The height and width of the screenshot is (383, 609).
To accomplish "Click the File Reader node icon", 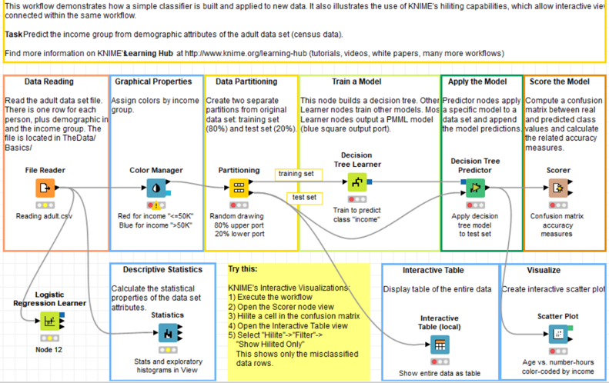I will click(x=45, y=188).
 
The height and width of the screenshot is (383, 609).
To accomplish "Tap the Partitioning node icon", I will click(x=238, y=188).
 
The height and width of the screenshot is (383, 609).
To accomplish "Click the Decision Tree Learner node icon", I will click(x=356, y=182).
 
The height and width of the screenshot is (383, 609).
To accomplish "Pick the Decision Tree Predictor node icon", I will click(x=476, y=188).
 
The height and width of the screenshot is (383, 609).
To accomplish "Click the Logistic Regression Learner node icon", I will click(x=49, y=320).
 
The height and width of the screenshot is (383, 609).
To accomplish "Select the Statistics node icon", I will click(x=167, y=333).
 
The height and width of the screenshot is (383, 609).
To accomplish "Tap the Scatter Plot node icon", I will click(x=557, y=335).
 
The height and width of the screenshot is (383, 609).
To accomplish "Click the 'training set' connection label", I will click(x=296, y=175).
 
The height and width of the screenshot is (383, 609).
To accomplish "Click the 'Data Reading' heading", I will click(x=49, y=81).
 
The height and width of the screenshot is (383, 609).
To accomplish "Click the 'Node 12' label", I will click(x=49, y=350).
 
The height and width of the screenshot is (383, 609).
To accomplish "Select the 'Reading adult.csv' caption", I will click(x=45, y=216).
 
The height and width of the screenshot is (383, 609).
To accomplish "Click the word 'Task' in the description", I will click(x=14, y=35).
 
